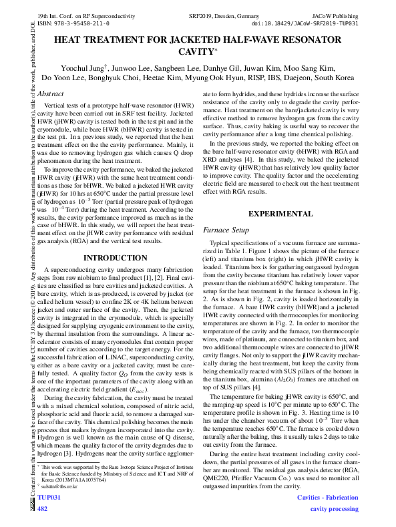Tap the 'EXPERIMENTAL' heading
tap(280, 214)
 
